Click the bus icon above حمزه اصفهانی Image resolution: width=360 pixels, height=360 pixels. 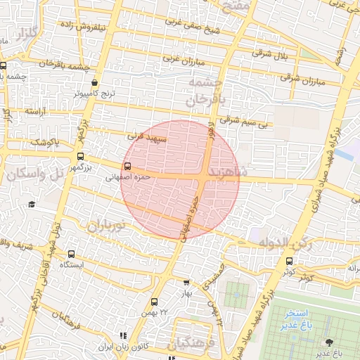(127, 167)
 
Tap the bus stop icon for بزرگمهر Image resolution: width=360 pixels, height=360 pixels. (79, 157)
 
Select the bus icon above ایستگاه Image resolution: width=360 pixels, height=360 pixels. (71, 254)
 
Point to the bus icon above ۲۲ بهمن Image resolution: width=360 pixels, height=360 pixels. (154, 302)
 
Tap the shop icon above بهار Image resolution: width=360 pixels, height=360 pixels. (186, 282)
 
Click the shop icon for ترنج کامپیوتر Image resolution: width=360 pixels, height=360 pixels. (95, 82)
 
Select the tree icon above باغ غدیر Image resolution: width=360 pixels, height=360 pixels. (328, 342)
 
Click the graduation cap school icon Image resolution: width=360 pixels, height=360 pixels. (32, 205)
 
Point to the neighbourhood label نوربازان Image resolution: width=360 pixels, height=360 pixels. (105, 226)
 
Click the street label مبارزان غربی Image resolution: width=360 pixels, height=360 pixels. (184, 61)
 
